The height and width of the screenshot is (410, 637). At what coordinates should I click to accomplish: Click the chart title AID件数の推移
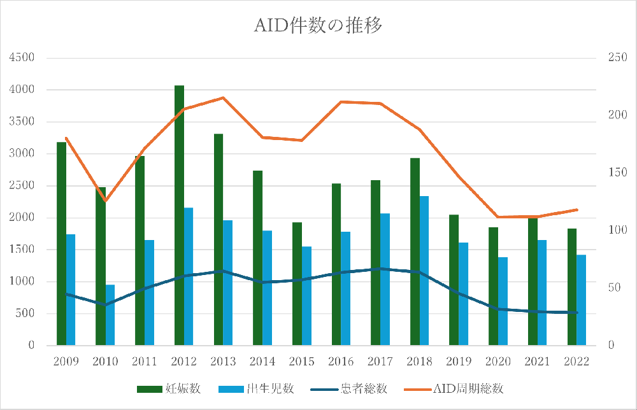tap(318, 26)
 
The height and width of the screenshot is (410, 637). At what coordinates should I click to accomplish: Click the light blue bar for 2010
tap(110, 315)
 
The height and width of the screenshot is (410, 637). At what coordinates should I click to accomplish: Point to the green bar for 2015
tap(297, 284)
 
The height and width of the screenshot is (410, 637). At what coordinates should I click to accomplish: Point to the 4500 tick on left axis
tap(22, 58)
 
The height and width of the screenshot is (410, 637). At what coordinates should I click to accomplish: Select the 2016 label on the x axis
tap(341, 362)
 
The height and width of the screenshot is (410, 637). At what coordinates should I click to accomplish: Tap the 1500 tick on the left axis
tap(22, 250)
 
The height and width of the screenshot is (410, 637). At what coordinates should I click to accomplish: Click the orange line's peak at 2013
tap(223, 97)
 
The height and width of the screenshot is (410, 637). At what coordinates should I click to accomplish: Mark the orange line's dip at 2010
tap(106, 201)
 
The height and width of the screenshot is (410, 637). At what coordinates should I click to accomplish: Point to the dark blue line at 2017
tap(380, 269)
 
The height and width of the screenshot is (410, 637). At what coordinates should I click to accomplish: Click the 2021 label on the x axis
tap(537, 362)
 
